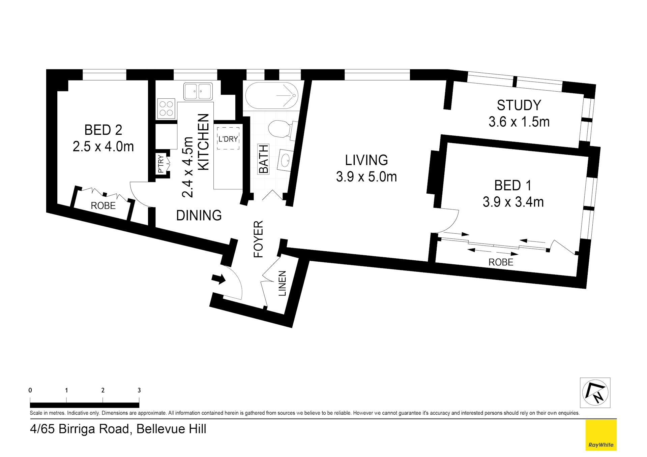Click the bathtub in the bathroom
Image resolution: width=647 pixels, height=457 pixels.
pyautogui.click(x=272, y=96)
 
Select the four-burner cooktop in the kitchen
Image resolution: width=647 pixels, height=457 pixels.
pyautogui.click(x=166, y=108)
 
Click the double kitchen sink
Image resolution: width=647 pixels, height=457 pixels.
pyautogui.click(x=198, y=91)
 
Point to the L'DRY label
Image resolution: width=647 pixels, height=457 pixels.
pyautogui.click(x=228, y=139)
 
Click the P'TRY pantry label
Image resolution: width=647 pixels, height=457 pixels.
pyautogui.click(x=161, y=164)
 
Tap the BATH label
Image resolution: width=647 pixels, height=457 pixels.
pyautogui.click(x=264, y=159)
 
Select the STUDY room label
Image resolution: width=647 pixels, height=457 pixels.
pyautogui.click(x=519, y=105)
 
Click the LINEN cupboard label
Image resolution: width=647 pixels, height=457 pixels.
pyautogui.click(x=282, y=284)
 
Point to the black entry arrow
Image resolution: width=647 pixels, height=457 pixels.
pyautogui.click(x=218, y=279)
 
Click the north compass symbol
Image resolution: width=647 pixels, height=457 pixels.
pyautogui.click(x=595, y=393)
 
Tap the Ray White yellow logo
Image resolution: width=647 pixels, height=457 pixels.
pyautogui.click(x=601, y=435)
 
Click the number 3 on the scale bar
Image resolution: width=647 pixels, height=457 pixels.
pyautogui.click(x=139, y=390)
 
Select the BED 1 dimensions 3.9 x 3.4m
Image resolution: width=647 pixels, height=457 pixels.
pyautogui.click(x=513, y=202)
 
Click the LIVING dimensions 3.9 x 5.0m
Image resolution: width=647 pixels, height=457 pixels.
pyautogui.click(x=366, y=177)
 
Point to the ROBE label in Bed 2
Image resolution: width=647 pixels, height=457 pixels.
pyautogui.click(x=103, y=206)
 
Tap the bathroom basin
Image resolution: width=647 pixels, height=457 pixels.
pyautogui.click(x=286, y=160)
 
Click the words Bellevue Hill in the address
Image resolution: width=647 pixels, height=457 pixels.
pyautogui.click(x=171, y=429)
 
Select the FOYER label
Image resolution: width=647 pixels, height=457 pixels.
pyautogui.click(x=258, y=239)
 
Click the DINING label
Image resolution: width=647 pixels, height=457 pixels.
pyautogui.click(x=199, y=216)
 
